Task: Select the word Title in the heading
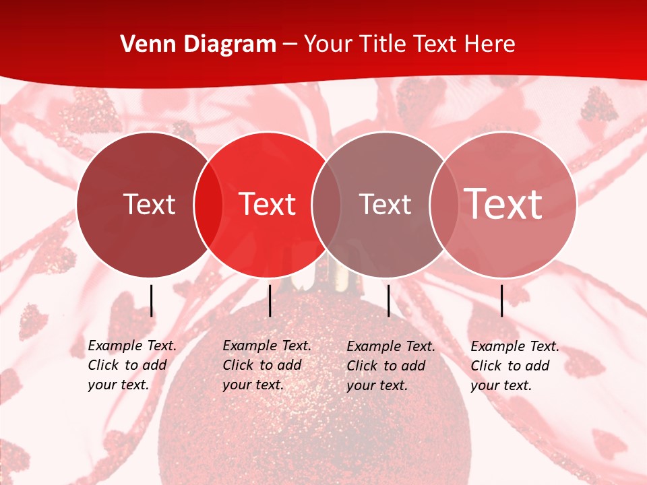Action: [x=383, y=44]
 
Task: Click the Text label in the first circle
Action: [x=149, y=204]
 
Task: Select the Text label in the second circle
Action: [x=268, y=204]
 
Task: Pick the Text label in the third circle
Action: [x=385, y=204]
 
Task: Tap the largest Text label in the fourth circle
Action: [x=503, y=204]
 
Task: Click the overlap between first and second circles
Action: [x=208, y=204]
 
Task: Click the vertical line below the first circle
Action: [x=152, y=300]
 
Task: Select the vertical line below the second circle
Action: [x=270, y=300]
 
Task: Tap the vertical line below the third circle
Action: [x=389, y=300]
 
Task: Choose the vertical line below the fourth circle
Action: [x=502, y=300]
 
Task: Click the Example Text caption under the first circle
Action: [x=131, y=365]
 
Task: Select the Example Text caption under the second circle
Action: [x=266, y=365]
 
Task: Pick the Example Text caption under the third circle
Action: [x=390, y=366]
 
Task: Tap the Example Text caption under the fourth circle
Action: [x=514, y=366]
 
